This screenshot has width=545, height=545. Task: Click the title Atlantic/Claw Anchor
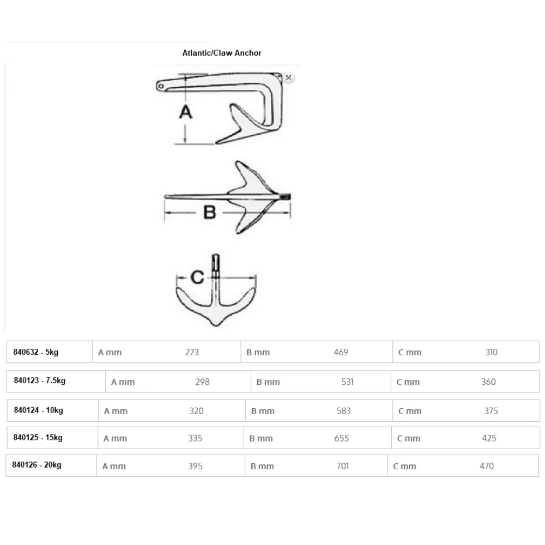tap(222, 53)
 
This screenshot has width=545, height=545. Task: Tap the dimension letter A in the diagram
tap(186, 112)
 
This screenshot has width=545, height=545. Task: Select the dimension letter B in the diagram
tap(210, 212)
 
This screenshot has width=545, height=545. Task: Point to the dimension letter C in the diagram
tap(197, 277)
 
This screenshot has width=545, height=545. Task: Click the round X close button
tap(289, 77)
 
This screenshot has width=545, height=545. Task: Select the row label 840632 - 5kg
tap(36, 352)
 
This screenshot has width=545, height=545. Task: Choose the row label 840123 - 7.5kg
tap(40, 381)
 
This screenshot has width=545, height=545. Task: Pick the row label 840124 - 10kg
tap(38, 410)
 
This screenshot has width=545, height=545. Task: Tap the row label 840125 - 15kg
tap(38, 438)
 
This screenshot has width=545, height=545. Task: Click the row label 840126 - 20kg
tap(37, 465)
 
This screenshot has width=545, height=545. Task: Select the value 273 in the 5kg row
tap(192, 353)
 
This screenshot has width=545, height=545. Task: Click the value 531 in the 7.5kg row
tap(347, 382)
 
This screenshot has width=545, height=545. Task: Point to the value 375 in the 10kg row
tap(491, 411)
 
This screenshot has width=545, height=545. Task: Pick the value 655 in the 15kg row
tap(342, 438)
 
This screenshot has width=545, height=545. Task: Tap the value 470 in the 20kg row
tap(487, 466)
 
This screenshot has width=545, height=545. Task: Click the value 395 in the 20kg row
tap(195, 466)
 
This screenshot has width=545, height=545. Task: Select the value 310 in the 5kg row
tap(491, 353)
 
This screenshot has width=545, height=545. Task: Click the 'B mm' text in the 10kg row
tap(263, 411)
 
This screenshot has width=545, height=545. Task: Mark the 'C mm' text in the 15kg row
tap(408, 438)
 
